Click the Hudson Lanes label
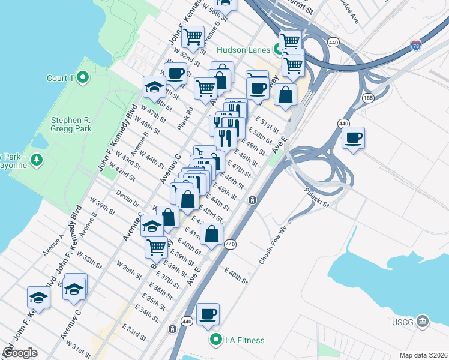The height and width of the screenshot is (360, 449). [243, 50]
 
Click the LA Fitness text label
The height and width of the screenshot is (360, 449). [244, 340]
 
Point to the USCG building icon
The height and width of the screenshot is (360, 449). [424, 321]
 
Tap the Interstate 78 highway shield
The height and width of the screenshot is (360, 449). [417, 44]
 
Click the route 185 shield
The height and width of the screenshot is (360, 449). [367, 98]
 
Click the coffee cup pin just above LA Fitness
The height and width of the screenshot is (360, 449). [208, 314]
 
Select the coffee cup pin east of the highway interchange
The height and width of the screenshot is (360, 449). [353, 137]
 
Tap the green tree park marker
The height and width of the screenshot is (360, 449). [37, 160]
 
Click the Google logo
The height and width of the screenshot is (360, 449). [20, 353]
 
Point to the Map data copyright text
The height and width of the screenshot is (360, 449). [423, 355]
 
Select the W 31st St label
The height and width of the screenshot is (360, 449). [79, 349]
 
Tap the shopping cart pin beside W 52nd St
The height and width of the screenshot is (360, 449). [194, 37]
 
